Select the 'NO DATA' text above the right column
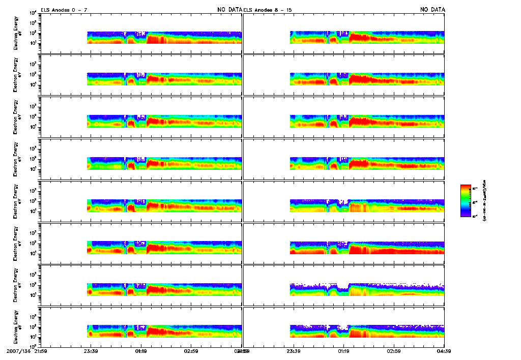432,10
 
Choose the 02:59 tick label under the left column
191,351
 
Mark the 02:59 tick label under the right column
394,351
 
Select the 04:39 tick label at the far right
444,351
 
